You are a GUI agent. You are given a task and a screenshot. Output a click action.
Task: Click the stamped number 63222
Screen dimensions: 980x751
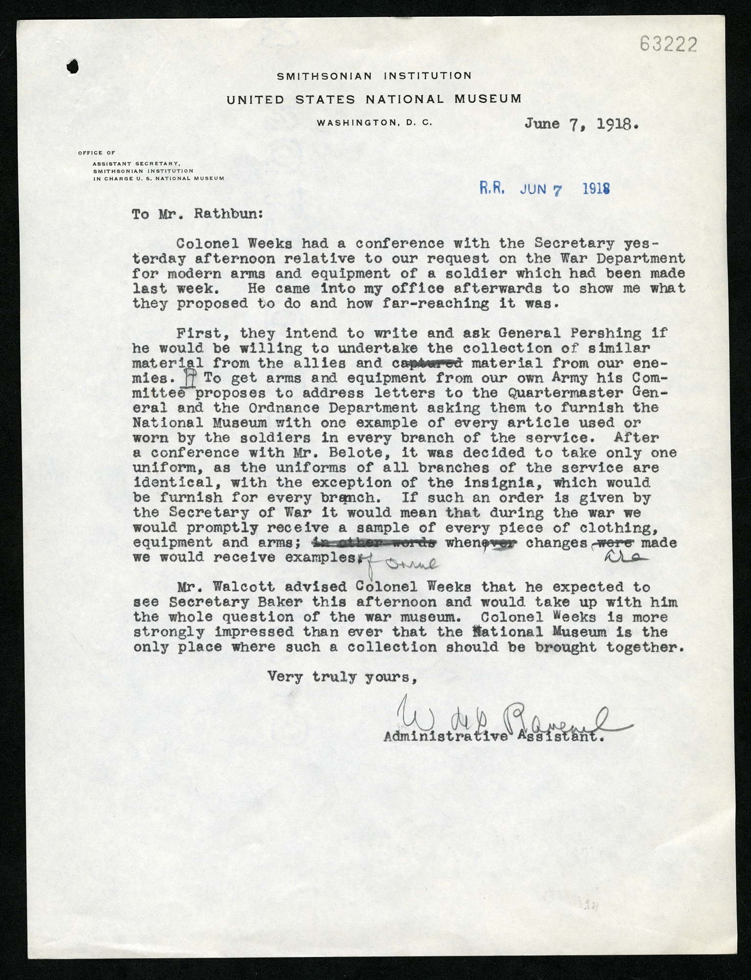[668, 45]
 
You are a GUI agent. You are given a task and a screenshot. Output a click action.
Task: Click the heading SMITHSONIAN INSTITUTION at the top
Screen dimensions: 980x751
[374, 76]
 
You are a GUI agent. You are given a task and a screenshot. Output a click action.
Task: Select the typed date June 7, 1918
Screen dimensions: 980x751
[581, 123]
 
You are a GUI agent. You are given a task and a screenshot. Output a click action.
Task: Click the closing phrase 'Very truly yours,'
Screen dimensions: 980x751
[342, 677]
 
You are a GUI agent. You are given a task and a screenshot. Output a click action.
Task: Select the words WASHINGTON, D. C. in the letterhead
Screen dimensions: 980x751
[374, 123]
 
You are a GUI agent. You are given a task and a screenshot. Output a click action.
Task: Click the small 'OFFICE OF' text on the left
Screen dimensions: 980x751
[97, 153]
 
